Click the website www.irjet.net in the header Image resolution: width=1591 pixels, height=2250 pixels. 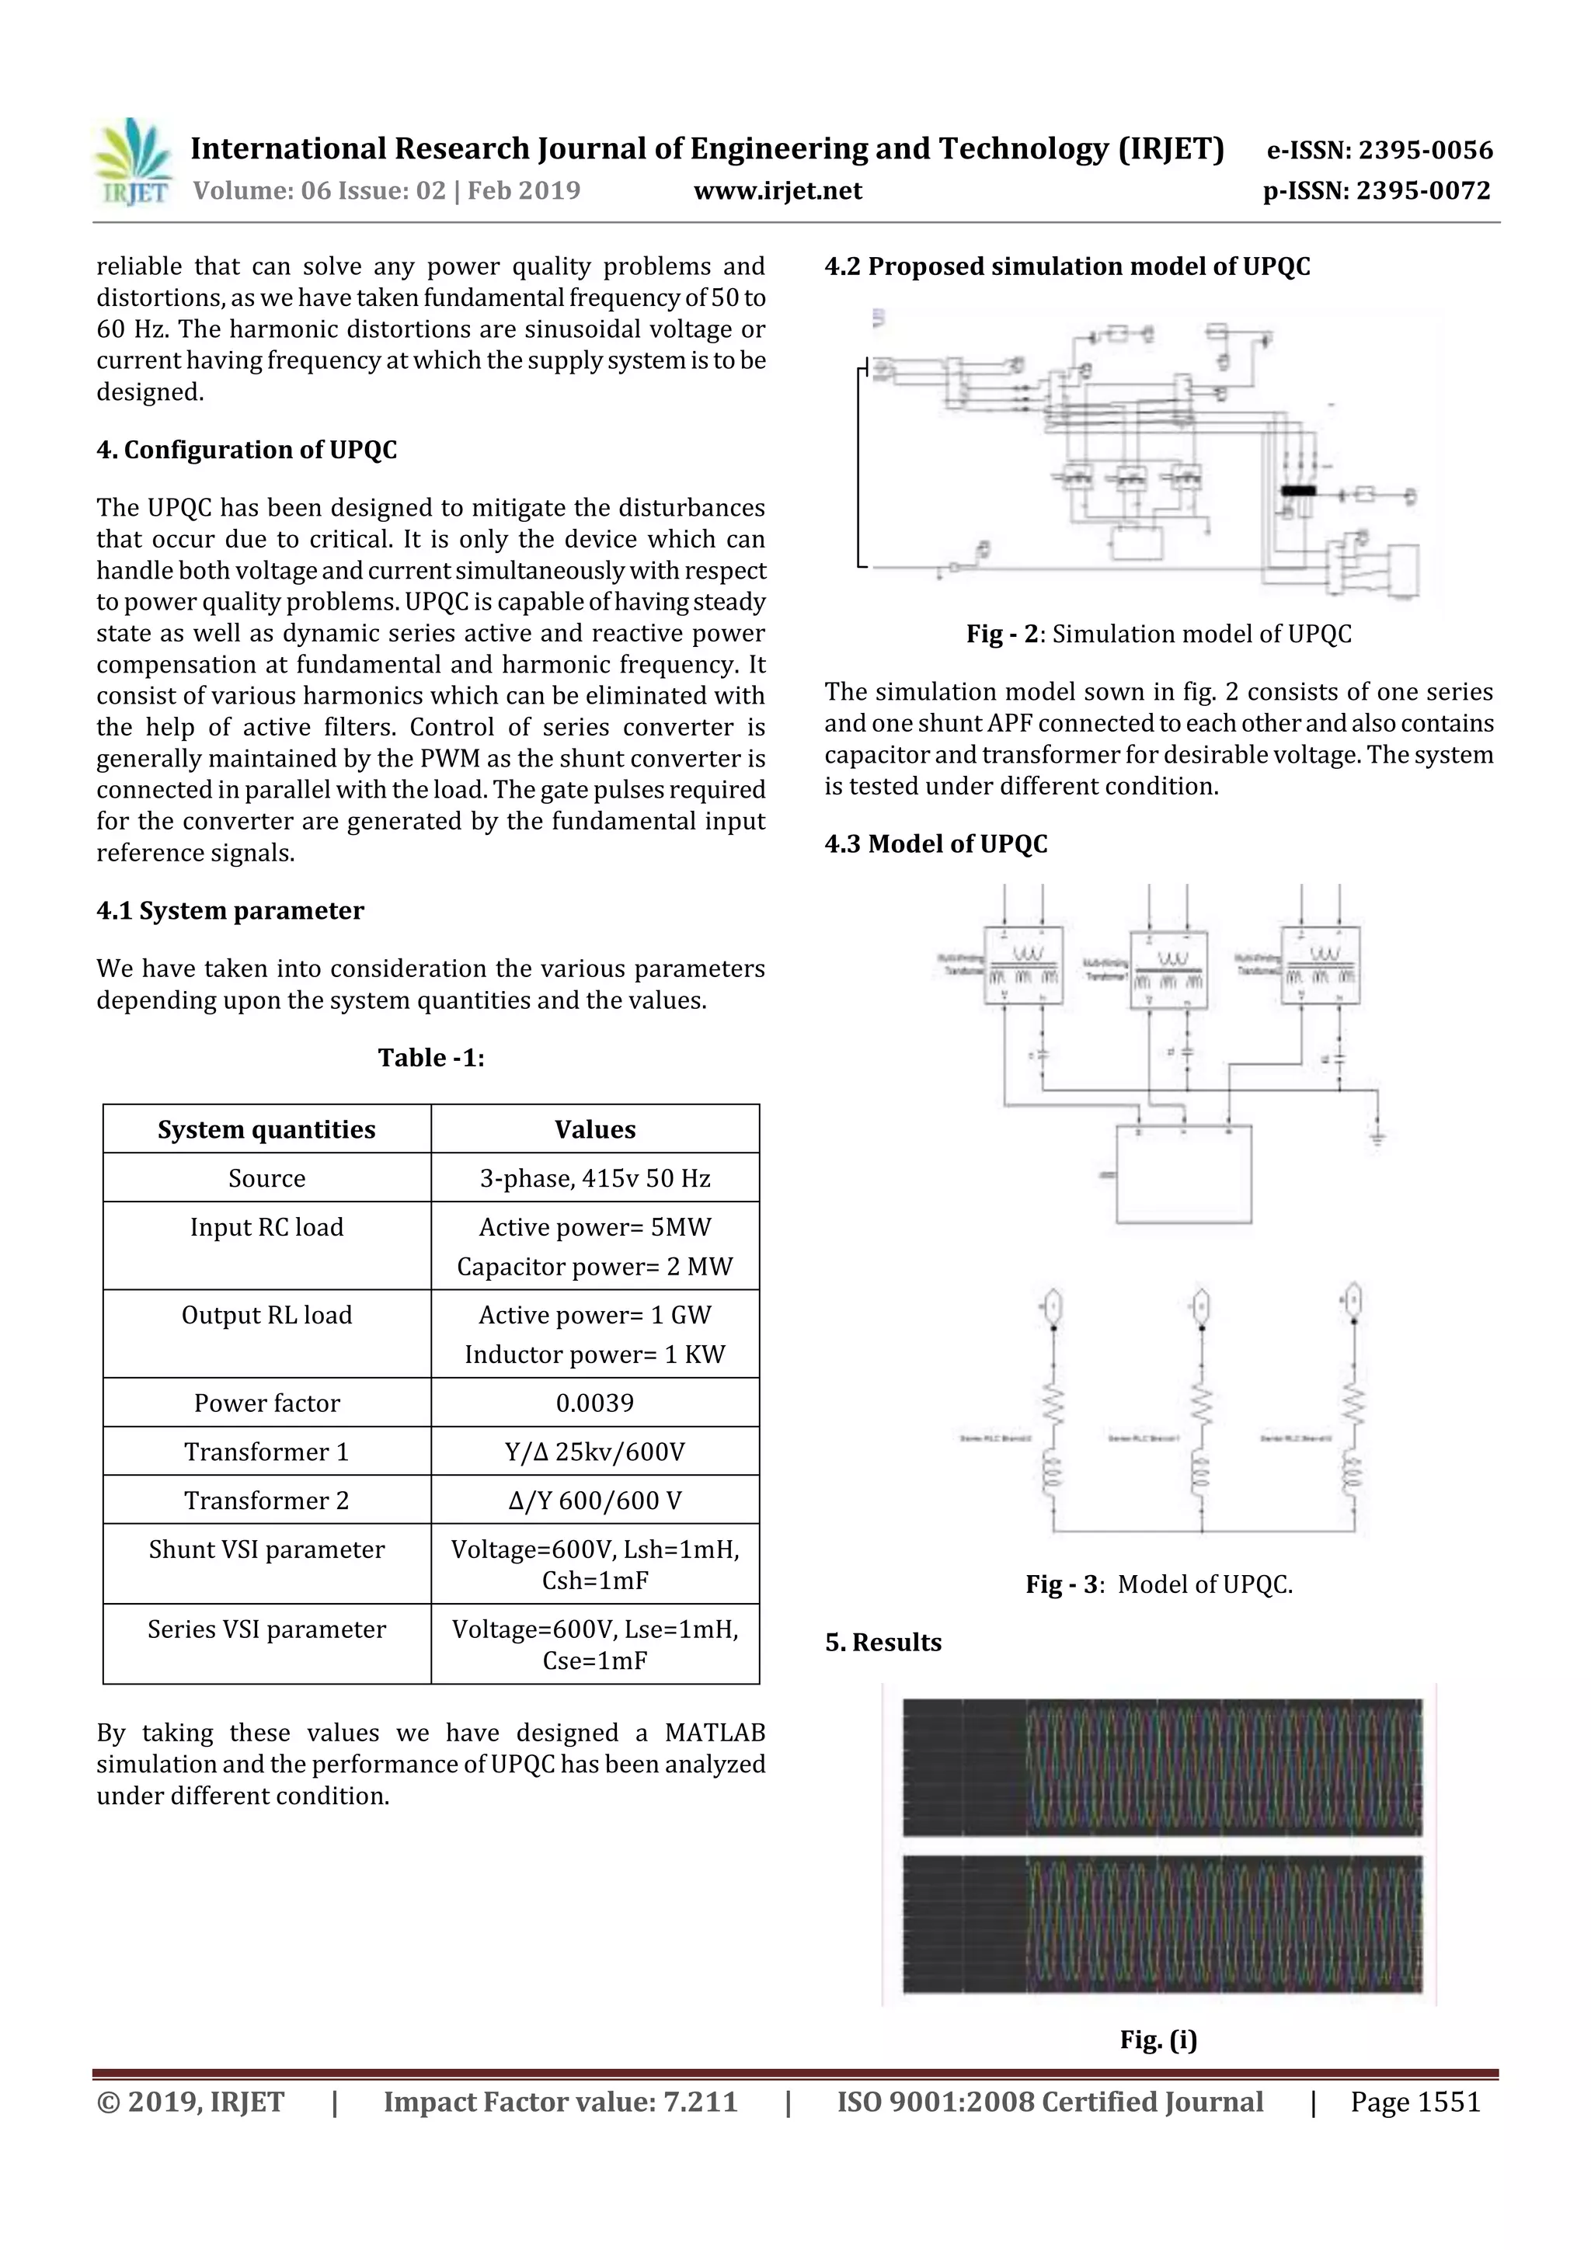[778, 191]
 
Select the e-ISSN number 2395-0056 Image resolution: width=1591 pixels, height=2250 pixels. [1379, 150]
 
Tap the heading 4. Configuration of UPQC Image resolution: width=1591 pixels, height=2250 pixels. [246, 450]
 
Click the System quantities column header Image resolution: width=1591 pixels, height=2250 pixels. [266, 1129]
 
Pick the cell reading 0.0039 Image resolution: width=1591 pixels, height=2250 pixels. [594, 1403]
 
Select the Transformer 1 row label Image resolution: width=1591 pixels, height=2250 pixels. [266, 1452]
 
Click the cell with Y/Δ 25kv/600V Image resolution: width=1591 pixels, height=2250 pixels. [594, 1452]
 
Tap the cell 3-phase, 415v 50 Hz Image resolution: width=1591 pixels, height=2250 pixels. [594, 1178]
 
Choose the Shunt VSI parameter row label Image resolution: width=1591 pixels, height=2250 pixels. [266, 1549]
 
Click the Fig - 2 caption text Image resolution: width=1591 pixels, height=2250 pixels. [1159, 634]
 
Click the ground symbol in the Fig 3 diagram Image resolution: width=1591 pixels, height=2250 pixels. [1377, 1138]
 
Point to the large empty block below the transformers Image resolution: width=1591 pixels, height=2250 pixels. [1184, 1175]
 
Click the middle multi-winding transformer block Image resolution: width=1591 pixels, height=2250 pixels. [1168, 969]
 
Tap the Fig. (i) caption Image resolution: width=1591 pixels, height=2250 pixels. [1159, 2040]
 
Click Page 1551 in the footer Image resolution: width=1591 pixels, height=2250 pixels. [1415, 2102]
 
